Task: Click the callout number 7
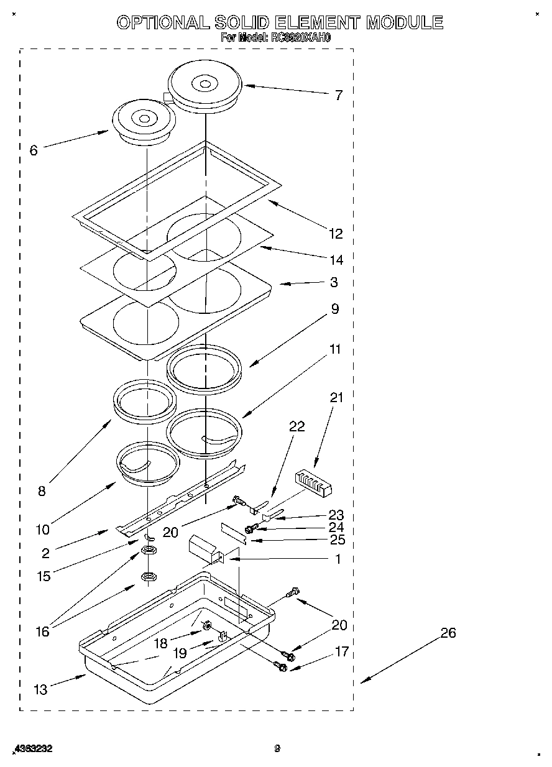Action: click(x=338, y=95)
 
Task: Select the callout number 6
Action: click(x=34, y=150)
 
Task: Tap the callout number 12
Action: click(x=336, y=234)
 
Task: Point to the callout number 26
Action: click(x=448, y=633)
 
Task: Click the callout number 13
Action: click(x=40, y=689)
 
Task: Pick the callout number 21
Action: click(x=336, y=397)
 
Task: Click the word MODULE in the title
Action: click(x=404, y=23)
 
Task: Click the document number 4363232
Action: click(x=32, y=749)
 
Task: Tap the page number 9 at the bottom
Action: click(x=277, y=749)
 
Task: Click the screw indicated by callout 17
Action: click(x=279, y=667)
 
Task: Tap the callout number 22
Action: click(x=297, y=426)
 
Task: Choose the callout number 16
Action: click(x=42, y=632)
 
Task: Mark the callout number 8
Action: click(x=42, y=490)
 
